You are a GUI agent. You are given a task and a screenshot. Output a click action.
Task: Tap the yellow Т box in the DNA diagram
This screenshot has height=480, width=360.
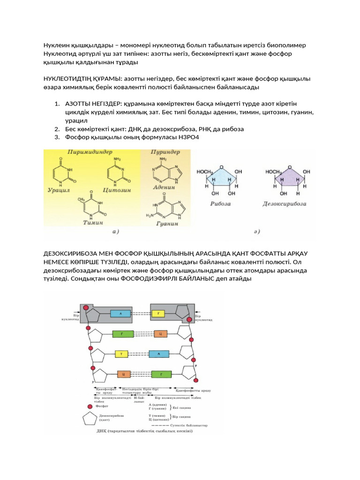tap(121, 354)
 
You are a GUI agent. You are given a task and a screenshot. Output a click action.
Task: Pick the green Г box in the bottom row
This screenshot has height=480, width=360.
tap(160, 374)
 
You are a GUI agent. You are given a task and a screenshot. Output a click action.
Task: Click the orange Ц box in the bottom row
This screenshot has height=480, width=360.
tap(122, 374)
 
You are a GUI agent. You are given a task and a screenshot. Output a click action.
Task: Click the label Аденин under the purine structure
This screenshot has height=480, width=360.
tap(164, 187)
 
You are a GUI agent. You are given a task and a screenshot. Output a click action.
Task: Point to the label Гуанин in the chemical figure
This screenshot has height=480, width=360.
tap(166, 224)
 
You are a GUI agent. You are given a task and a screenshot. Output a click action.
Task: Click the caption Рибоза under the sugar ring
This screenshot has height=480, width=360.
tap(219, 204)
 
